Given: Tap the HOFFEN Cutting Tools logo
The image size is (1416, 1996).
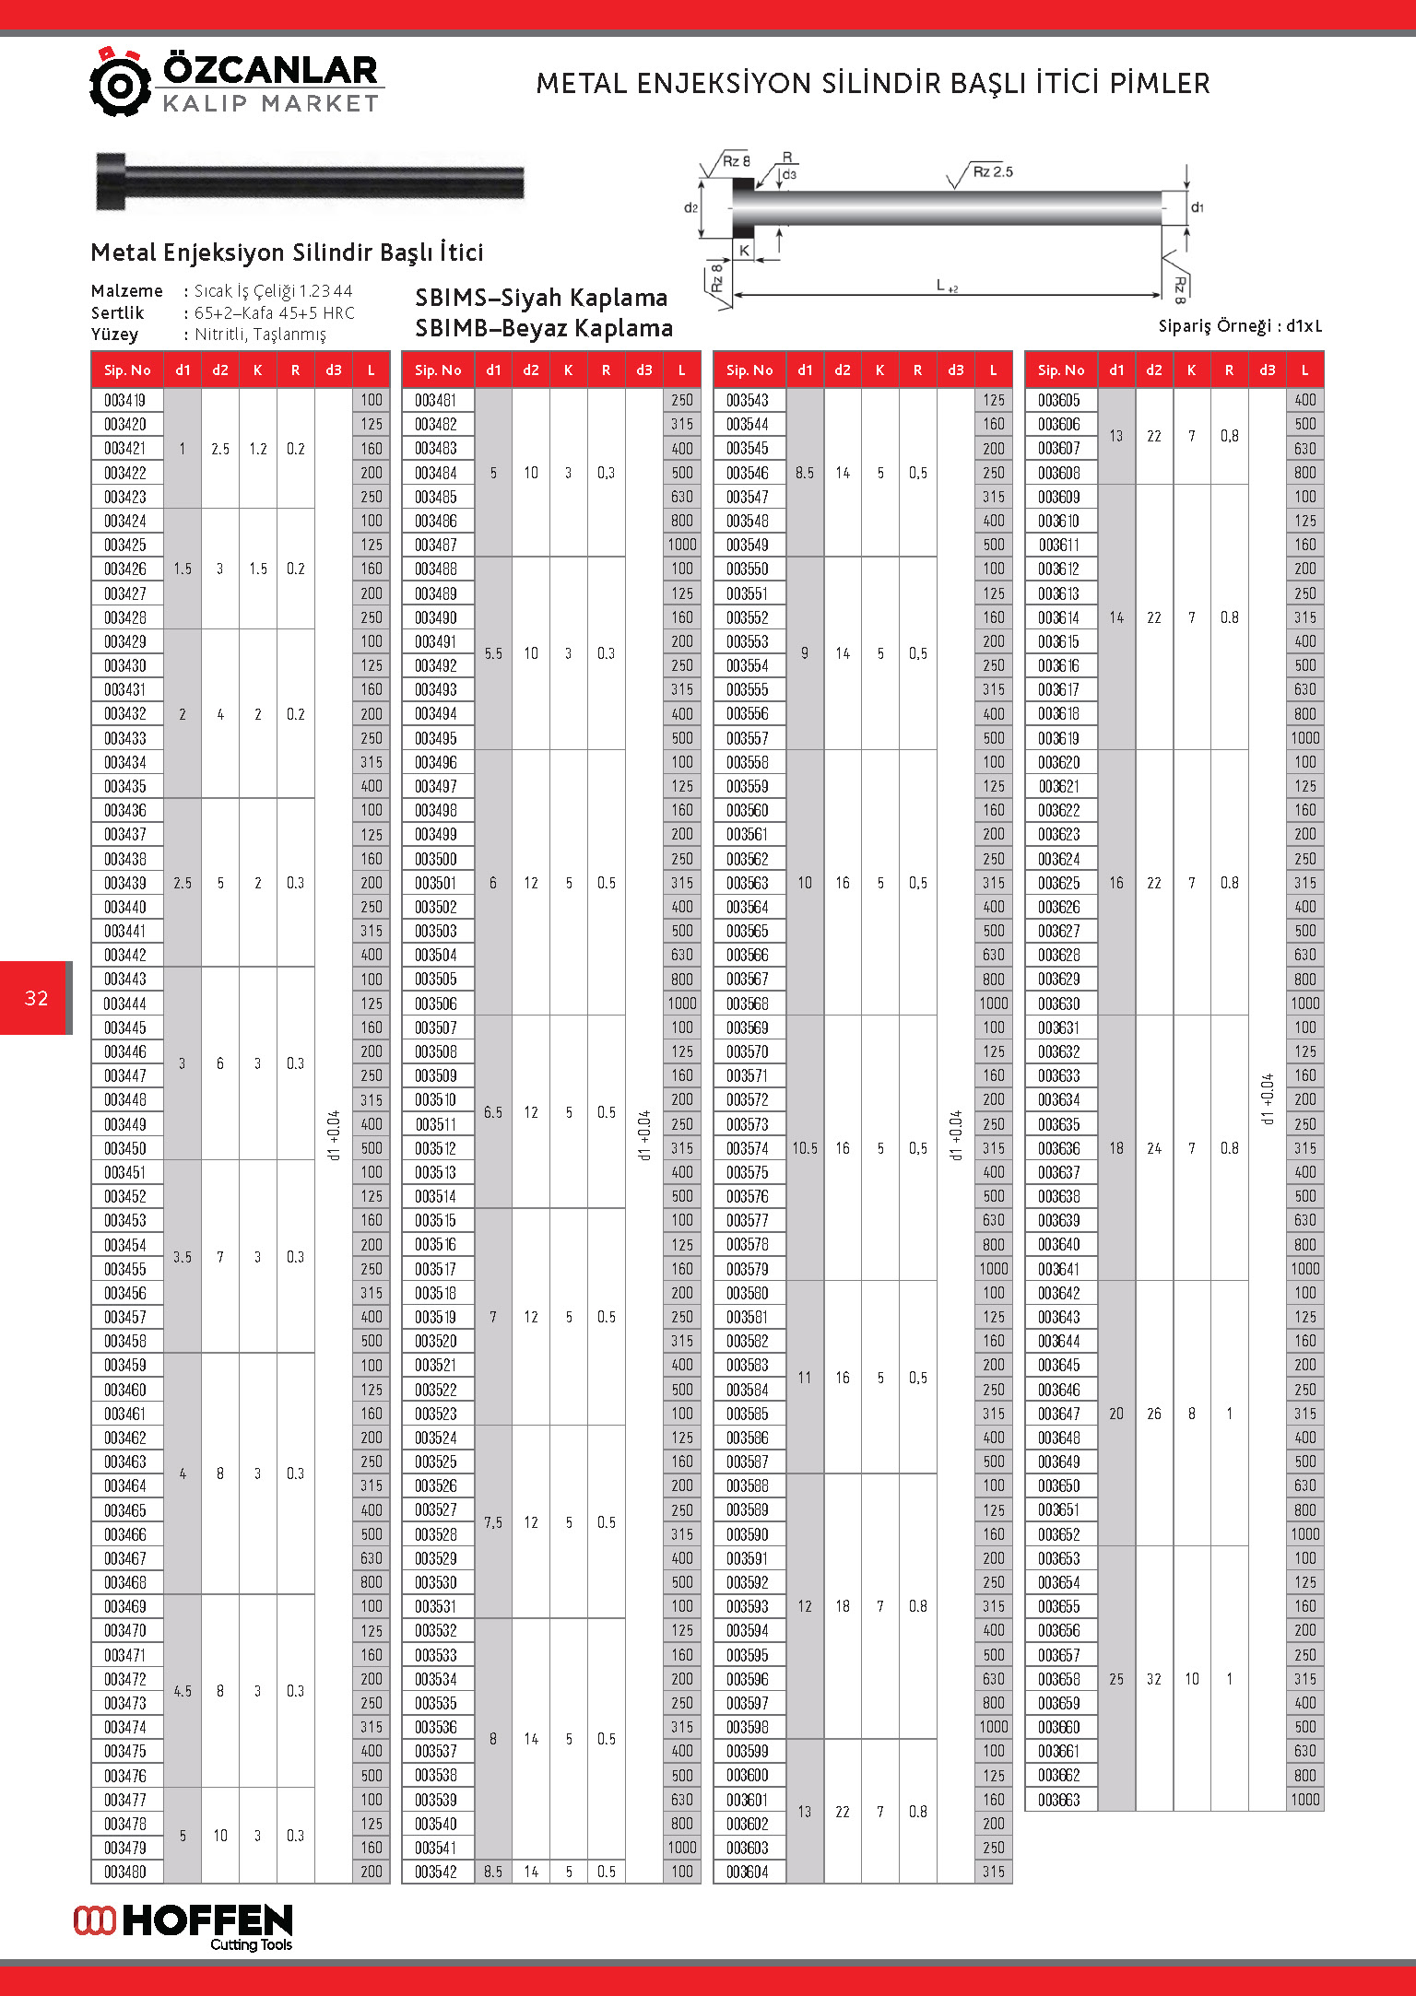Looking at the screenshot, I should tap(183, 1927).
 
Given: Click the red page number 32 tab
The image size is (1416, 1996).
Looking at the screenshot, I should tap(36, 998).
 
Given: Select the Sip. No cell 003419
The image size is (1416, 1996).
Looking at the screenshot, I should tap(125, 400).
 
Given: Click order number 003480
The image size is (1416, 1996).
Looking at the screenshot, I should tap(125, 1872).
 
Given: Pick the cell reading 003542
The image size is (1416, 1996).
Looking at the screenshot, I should tap(436, 1872).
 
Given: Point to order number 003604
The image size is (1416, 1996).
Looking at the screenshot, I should tap(748, 1872).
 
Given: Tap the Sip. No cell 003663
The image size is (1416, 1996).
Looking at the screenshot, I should tap(1059, 1800).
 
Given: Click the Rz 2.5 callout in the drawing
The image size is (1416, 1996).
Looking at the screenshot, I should tap(992, 171).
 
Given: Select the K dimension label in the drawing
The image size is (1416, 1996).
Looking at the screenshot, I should tap(744, 250).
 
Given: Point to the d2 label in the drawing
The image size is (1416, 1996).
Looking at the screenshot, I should tap(690, 208).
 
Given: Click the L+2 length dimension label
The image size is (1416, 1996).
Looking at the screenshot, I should tap(946, 286).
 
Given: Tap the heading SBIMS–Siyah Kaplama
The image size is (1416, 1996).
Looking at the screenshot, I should tap(541, 298).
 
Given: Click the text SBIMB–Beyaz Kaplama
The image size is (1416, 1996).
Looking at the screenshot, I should tap(544, 328).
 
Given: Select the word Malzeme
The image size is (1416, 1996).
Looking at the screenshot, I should tap(127, 291).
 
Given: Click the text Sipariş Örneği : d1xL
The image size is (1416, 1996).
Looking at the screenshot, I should tap(1240, 326).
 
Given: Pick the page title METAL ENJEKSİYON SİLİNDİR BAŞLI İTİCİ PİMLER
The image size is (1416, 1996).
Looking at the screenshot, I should tap(872, 84).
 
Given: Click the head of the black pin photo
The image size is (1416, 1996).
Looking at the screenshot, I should tap(111, 181).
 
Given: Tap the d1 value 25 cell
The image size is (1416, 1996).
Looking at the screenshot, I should tap(1116, 1679).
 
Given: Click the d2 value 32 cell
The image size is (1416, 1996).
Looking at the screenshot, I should tap(1154, 1679).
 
